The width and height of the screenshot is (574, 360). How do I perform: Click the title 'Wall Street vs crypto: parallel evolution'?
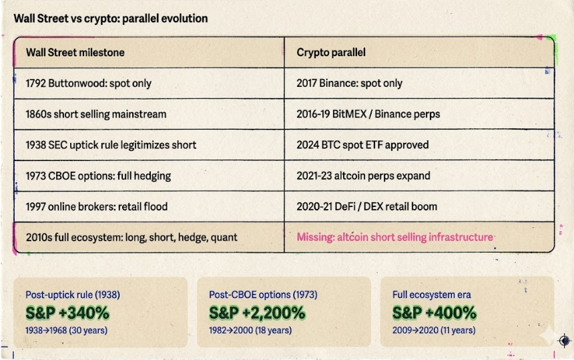click(x=110, y=18)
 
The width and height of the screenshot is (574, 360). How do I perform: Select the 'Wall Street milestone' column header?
click(x=75, y=52)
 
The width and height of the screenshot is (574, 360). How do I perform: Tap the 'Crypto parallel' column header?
click(x=330, y=52)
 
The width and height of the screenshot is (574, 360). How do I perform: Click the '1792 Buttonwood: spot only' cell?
click(x=88, y=83)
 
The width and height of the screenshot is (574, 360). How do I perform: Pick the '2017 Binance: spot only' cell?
click(x=349, y=83)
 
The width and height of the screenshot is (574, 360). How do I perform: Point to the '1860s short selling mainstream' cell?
click(x=95, y=114)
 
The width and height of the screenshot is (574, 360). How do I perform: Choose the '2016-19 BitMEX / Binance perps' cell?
click(x=368, y=114)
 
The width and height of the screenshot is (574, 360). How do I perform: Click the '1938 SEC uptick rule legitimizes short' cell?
click(x=111, y=145)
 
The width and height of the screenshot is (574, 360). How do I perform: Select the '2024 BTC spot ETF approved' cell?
click(x=362, y=145)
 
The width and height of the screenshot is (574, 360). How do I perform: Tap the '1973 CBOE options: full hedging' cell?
click(x=98, y=176)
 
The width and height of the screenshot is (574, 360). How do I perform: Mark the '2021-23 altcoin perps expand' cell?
click(x=363, y=176)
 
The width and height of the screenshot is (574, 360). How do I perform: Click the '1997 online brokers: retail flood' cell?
click(x=101, y=206)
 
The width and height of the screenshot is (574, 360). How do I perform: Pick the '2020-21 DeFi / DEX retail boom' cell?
click(x=366, y=206)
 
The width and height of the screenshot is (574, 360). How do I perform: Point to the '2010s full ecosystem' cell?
click(x=131, y=237)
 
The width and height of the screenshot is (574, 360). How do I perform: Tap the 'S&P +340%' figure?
click(x=67, y=313)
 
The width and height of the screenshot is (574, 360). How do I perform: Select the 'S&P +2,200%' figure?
click(x=257, y=313)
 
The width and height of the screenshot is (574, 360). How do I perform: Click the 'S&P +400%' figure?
click(x=434, y=313)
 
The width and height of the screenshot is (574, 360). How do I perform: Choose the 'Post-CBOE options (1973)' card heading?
click(x=262, y=295)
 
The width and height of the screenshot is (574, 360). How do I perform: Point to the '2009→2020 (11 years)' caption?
click(x=433, y=330)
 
